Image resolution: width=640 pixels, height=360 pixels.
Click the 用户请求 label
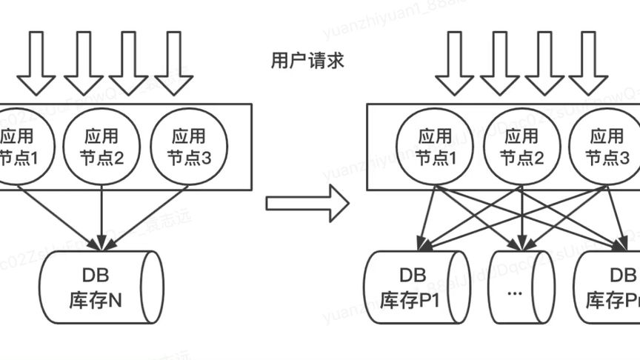point(307,61)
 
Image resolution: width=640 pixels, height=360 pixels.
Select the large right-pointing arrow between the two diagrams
point(307,202)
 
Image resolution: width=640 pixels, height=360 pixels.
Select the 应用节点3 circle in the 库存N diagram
point(187,146)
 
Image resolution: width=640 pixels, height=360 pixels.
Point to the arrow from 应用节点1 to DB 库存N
point(59,217)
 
